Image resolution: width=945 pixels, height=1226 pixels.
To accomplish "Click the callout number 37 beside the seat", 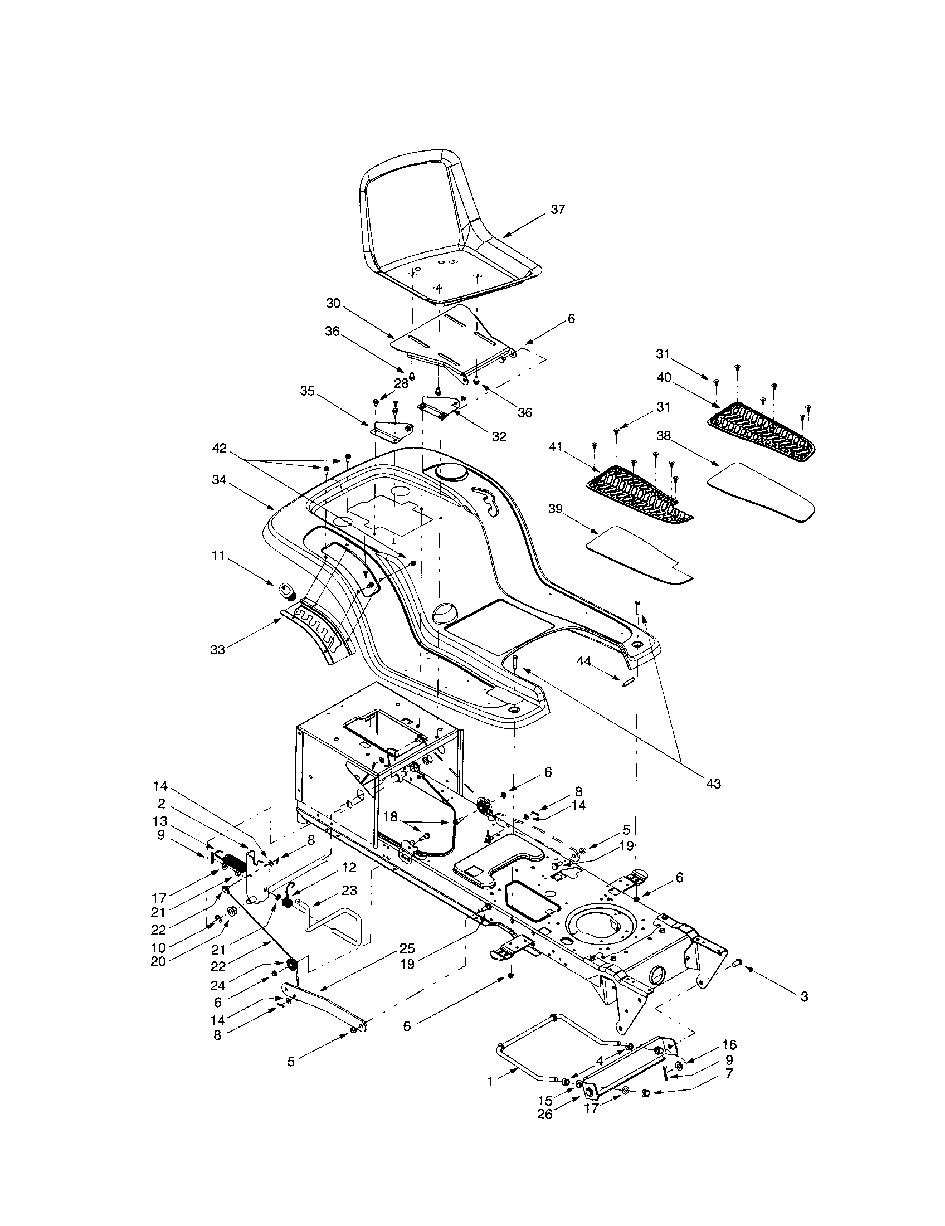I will (x=558, y=209).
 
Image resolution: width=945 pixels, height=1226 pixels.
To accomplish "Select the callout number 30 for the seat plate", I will (x=333, y=303).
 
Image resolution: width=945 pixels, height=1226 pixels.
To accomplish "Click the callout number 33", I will (x=217, y=649).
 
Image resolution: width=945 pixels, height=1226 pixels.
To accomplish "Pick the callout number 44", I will (x=583, y=662).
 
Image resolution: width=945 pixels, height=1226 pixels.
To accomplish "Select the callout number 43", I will (x=713, y=783).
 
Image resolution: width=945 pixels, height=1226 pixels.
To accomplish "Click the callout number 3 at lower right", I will (x=804, y=1012).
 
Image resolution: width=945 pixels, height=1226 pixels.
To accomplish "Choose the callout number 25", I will (x=407, y=948).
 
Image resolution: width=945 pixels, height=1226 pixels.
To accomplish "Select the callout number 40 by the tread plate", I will (x=663, y=378).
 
